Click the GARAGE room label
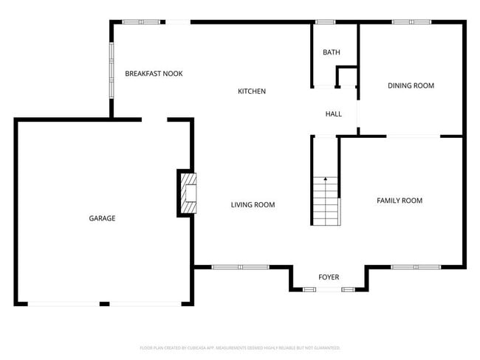pos(102,218)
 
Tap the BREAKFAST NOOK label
pos(154,74)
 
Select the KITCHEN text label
pos(252,91)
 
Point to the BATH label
pos(332,52)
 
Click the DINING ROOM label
pos(411,86)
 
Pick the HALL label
pos(334,114)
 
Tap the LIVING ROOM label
pos(253,205)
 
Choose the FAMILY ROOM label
pos(400,201)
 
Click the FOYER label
pos(329,277)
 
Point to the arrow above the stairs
pos(325,180)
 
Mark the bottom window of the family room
pos(415,266)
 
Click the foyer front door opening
pos(329,290)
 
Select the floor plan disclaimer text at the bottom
pos(240,347)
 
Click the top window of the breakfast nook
pos(142,22)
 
